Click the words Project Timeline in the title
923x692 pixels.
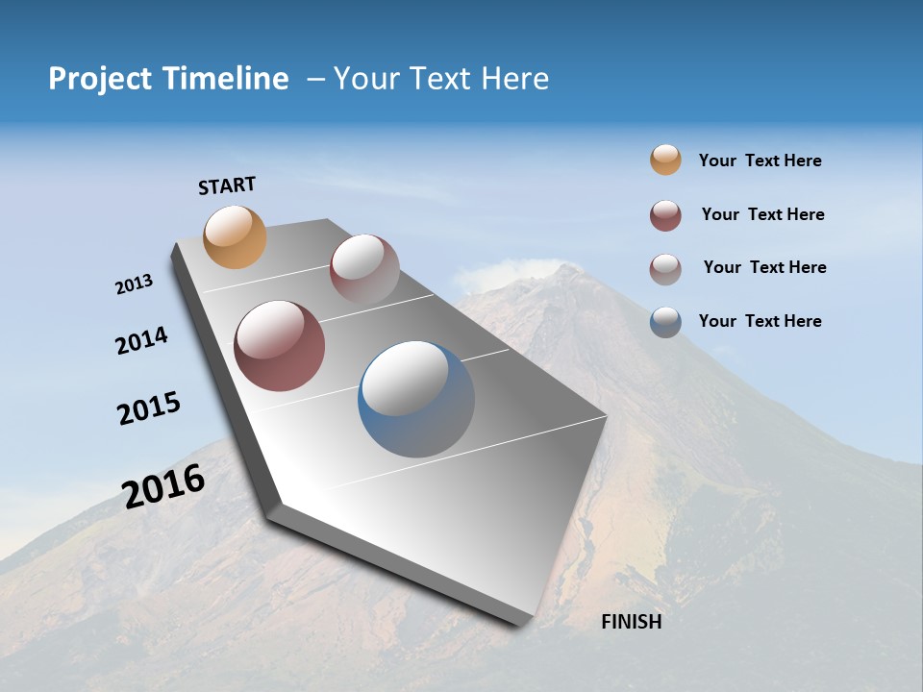click(168, 79)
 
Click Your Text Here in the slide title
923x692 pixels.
click(441, 79)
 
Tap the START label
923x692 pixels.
click(227, 185)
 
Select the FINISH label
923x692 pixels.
click(632, 622)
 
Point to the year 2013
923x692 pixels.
click(134, 284)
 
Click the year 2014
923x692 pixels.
click(141, 340)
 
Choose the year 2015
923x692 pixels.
click(149, 408)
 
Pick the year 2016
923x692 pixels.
click(163, 486)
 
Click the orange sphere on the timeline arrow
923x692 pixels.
click(236, 236)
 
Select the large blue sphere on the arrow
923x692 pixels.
click(416, 399)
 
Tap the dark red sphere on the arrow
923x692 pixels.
click(279, 346)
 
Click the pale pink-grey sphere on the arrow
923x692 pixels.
click(364, 269)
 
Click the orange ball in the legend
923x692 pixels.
click(665, 160)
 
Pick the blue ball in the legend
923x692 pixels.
click(665, 321)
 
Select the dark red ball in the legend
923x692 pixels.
click(665, 215)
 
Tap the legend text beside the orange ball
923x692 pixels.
click(760, 161)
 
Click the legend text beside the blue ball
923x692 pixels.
click(760, 321)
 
